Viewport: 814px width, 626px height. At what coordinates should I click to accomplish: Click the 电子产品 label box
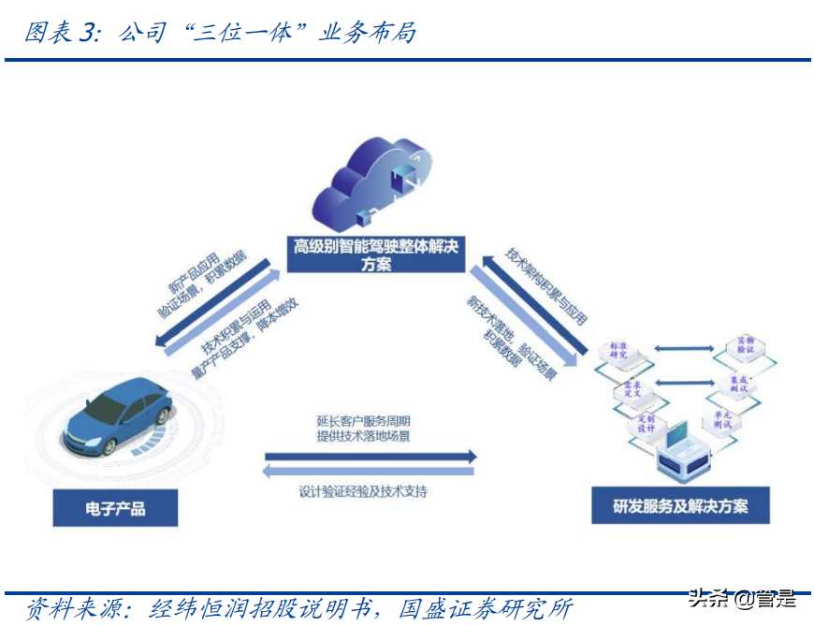(116, 510)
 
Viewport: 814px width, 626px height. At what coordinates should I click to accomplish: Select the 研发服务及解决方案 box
(680, 506)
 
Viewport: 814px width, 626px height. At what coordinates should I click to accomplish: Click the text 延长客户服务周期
(363, 421)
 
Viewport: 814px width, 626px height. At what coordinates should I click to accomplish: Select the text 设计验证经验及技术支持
(363, 491)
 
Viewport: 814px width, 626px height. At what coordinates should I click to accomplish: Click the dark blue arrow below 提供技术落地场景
(370, 457)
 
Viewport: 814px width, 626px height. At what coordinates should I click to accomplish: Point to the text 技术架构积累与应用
(546, 286)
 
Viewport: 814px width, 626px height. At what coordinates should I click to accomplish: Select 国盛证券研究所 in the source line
(486, 608)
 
